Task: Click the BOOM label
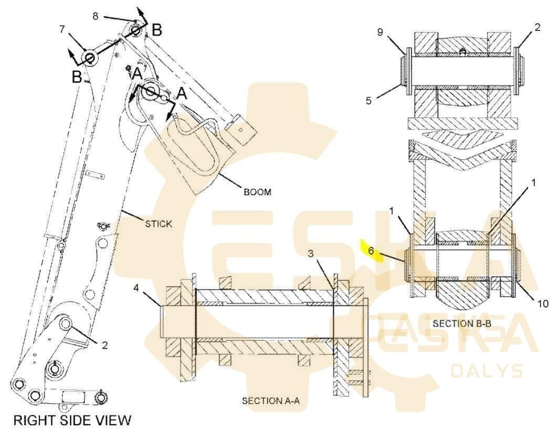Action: point(257,192)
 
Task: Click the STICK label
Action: point(159,224)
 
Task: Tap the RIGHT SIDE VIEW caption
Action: point(72,420)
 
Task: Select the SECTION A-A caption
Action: point(271,400)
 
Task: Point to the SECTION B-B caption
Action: point(462,324)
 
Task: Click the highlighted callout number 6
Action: point(371,251)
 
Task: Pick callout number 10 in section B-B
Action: point(543,304)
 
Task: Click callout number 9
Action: point(380,32)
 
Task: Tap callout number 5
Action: point(369,100)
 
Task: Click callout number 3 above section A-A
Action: point(311,254)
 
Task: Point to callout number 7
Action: point(62,29)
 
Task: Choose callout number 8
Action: point(95,16)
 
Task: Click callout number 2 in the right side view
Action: point(104,345)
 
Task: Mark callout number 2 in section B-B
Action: point(537,27)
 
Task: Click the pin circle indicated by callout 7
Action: point(89,57)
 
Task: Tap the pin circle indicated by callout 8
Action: point(136,30)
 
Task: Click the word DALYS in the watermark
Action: point(487,371)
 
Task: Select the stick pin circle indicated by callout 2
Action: point(66,323)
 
